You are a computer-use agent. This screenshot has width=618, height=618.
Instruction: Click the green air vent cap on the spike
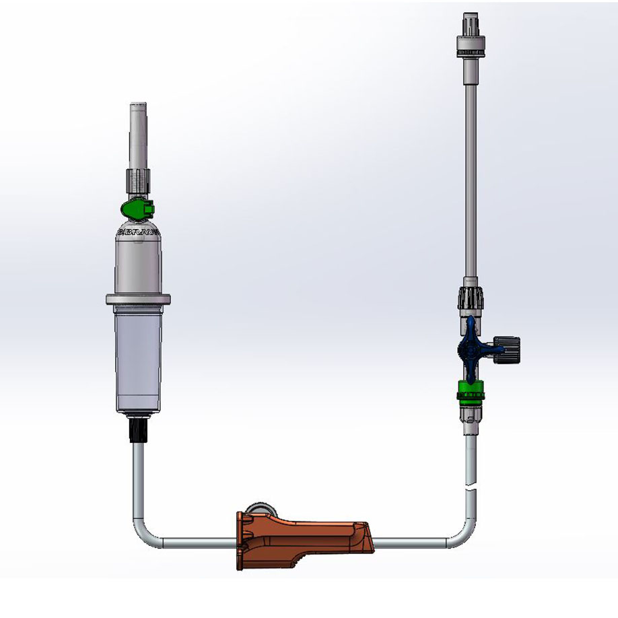click(x=140, y=209)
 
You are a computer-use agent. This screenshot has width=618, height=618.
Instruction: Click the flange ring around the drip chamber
click(x=138, y=299)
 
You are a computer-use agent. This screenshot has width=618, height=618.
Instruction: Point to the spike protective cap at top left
click(x=138, y=135)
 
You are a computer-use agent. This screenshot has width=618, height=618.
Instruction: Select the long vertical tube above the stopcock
click(x=470, y=168)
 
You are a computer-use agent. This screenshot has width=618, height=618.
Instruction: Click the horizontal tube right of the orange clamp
click(x=411, y=541)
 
